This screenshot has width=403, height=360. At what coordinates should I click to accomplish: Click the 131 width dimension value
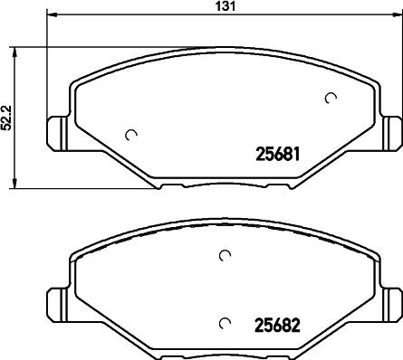pos(225,6)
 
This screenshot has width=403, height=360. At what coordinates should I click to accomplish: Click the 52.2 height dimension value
pos(6,118)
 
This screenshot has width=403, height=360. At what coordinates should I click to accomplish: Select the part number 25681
pos(278,154)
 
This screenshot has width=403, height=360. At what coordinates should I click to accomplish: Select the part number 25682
pos(278,326)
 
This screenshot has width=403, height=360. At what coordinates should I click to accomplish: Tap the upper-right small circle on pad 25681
pos(331,98)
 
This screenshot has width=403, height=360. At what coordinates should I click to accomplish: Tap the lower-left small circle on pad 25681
pos(131,135)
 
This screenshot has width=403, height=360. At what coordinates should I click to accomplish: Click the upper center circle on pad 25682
pos(225,255)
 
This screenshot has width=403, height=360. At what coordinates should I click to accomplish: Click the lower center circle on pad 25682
pos(225,323)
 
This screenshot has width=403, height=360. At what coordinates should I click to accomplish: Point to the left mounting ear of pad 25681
pos(57,133)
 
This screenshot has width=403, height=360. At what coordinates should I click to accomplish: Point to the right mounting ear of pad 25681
pos(391,133)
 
